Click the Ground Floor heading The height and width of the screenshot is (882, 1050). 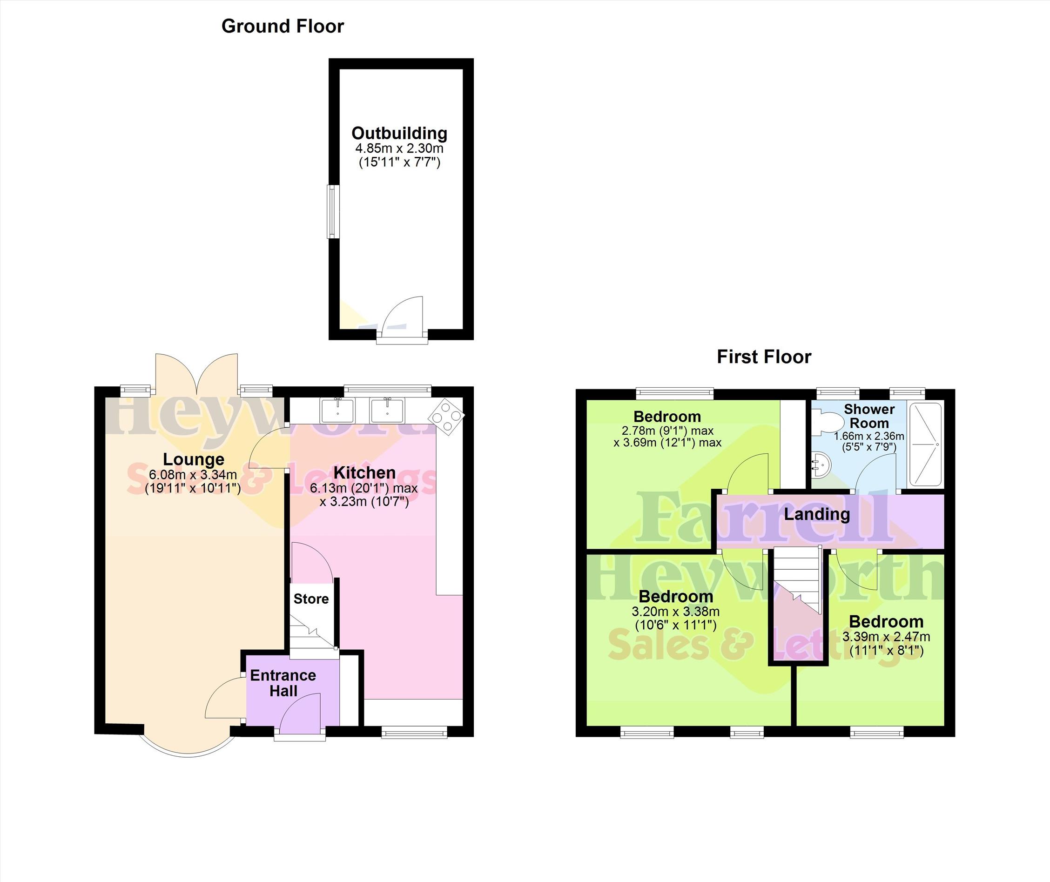click(283, 27)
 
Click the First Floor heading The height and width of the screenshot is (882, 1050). click(764, 357)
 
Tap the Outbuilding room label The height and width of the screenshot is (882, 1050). click(399, 134)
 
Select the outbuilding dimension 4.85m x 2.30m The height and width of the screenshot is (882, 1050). click(399, 148)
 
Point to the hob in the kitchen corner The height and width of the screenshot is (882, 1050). click(446, 416)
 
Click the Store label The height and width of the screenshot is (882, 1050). click(311, 599)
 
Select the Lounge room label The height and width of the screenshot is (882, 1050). click(194, 459)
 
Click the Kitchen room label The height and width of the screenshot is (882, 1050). click(364, 472)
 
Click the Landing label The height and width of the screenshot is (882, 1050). click(817, 514)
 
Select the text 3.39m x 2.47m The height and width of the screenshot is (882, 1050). click(886, 637)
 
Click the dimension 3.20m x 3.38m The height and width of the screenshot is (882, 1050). click(675, 612)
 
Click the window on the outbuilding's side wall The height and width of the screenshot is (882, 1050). click(332, 211)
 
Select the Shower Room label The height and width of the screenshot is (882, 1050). click(869, 416)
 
